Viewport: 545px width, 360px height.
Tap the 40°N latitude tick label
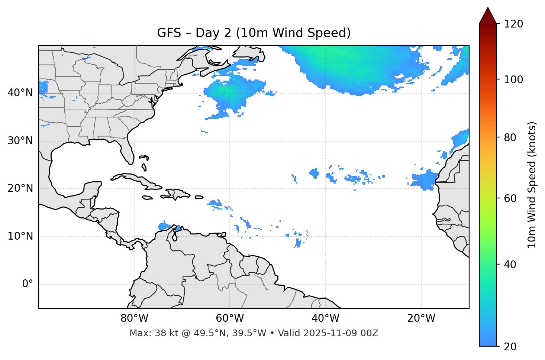pos(20,93)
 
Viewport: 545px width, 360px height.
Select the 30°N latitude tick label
pos(20,141)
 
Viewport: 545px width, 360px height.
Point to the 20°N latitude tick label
pos(20,188)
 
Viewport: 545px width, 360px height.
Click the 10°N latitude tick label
pos(20,236)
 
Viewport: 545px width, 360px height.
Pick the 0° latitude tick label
pos(28,284)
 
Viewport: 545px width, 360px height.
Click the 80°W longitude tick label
pos(134,318)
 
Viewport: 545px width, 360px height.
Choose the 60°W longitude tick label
pos(230,318)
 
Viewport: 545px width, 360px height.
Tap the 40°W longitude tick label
pos(325,318)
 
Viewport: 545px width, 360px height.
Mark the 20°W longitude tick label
pos(421,318)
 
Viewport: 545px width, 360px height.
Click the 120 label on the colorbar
pos(513,24)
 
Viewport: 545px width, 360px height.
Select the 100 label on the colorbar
pos(513,80)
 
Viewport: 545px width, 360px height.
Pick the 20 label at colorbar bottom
pos(510,347)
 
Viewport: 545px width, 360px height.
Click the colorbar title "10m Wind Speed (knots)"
pos(532,185)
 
